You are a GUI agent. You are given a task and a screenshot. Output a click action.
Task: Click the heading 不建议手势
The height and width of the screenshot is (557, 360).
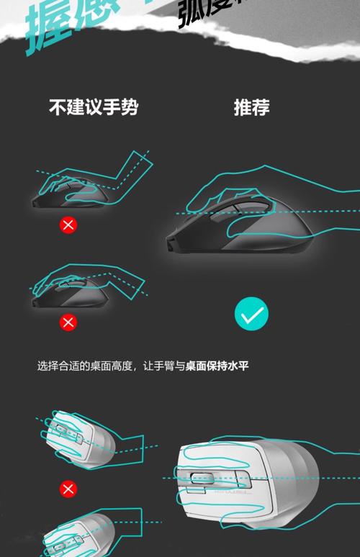[x=94, y=108]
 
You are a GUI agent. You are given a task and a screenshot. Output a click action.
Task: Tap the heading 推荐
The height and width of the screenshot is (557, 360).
[x=251, y=108]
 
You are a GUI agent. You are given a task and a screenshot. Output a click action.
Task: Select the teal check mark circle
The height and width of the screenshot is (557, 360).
[x=251, y=314]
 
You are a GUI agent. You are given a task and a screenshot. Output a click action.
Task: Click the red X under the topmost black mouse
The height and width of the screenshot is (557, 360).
[x=68, y=225]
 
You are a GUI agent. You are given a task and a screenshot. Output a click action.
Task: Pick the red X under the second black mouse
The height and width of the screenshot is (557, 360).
[x=68, y=322]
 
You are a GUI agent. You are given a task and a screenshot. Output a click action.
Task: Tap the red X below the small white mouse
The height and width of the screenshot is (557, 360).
[x=68, y=490]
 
